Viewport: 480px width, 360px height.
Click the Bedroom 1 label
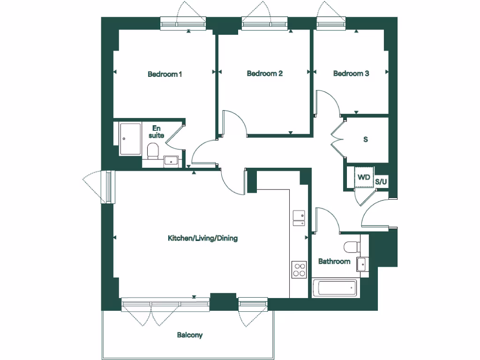165,74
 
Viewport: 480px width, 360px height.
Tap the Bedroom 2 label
264,74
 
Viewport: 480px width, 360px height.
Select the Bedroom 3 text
351,74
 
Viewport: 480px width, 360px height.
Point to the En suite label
157,131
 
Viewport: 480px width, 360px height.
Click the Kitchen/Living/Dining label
202,238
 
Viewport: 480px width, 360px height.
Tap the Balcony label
190,335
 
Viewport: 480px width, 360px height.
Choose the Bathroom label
334,261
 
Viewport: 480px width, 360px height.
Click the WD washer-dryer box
364,177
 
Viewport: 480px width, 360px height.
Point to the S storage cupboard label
366,140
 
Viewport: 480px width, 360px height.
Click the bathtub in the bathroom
335,288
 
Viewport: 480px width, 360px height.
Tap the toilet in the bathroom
352,246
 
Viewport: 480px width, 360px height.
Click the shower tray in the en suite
130,139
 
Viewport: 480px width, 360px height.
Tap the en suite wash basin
171,161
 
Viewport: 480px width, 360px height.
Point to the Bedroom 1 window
183,23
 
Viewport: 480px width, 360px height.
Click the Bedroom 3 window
332,23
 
